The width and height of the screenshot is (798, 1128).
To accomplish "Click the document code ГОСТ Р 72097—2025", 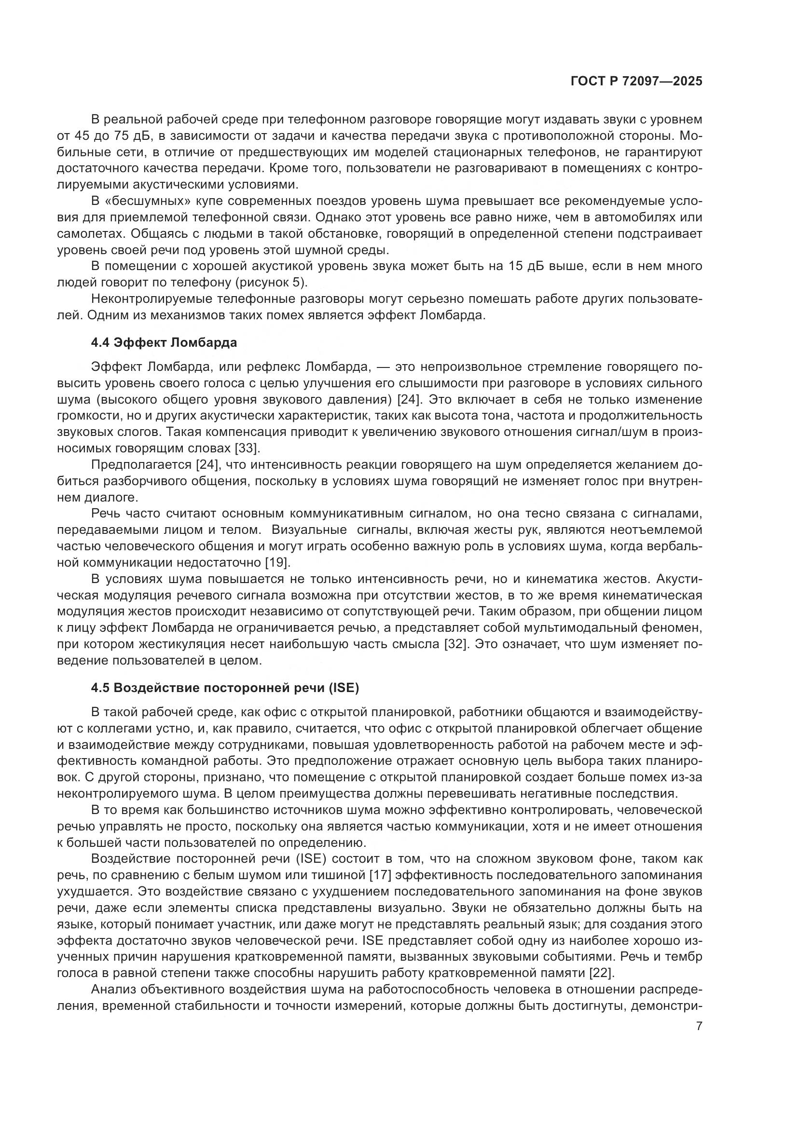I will [636, 81].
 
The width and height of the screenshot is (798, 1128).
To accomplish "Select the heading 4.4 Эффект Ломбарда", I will [164, 342].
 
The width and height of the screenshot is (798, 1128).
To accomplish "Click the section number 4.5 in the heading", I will [100, 688].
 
